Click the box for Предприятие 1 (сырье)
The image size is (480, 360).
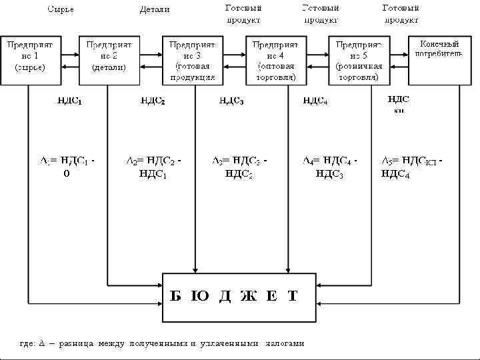pos(30,60)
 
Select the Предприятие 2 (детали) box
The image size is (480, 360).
pos(109,60)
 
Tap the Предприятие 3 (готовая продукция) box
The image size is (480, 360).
pos(193,60)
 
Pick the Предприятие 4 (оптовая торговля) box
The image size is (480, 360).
pos(276,60)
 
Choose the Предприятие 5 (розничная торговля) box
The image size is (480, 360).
pos(359,60)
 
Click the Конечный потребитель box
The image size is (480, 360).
pos(439,60)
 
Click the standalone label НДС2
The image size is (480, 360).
pos(153,101)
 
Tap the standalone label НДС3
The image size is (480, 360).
pos(231,101)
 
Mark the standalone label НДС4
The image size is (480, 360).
pos(315,101)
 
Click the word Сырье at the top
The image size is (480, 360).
pos(60,9)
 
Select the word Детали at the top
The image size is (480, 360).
pos(155,9)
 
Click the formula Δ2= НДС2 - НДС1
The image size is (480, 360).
pos(154,167)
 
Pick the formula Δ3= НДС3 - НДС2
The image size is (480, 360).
pos(239,167)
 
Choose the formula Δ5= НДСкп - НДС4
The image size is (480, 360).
pos(411,167)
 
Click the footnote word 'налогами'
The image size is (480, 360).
pos(285,344)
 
